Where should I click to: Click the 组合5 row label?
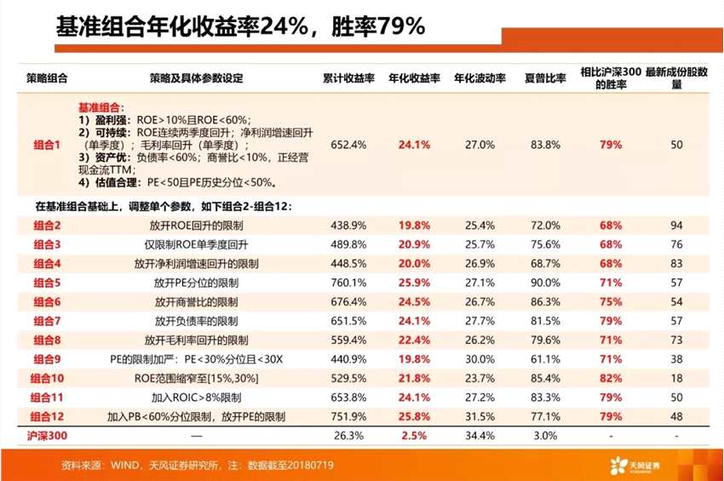point(47,282)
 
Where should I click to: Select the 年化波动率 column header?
point(480,78)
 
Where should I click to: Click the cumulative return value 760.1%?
point(348,282)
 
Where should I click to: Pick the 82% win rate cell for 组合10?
point(610,377)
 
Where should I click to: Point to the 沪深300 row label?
point(47,435)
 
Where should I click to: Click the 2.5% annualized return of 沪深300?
point(414,435)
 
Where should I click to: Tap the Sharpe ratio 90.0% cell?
point(545,282)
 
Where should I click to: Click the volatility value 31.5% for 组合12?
point(480,416)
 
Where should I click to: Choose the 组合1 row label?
point(47,145)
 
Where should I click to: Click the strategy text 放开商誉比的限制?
point(196,301)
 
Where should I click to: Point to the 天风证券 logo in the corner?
point(659,465)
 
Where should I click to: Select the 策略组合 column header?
point(47,78)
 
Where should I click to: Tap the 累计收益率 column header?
point(348,78)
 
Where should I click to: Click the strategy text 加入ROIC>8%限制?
point(196,398)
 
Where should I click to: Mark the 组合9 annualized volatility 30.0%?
point(480,358)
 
